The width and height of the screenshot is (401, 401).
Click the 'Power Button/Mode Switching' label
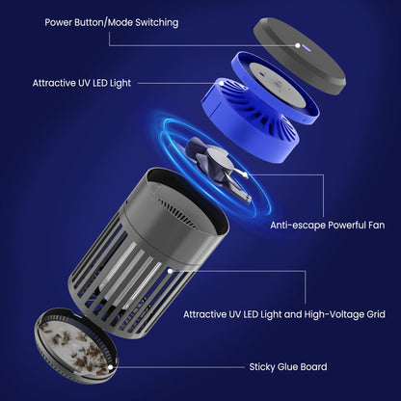coord(112,22)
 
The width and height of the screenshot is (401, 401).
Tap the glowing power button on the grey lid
coord(298,45)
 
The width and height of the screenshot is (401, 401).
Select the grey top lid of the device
coord(300,56)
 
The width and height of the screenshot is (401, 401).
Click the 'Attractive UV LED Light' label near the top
coord(82,83)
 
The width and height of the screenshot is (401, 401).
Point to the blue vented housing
coord(259,103)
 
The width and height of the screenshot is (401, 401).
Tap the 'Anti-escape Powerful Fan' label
coord(328,225)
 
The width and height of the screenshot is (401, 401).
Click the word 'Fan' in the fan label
coord(377,225)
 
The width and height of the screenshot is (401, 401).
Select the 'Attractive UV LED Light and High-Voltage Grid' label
coord(284,314)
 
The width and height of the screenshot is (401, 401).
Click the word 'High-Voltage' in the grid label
coord(334,314)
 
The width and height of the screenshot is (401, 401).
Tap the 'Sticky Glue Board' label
coord(288,366)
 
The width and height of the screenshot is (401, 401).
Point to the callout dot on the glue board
coord(111,367)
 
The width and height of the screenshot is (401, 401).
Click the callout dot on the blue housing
coord(221,83)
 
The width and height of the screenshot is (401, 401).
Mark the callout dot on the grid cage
coord(170,271)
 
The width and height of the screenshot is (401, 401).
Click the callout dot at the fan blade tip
coord(246,175)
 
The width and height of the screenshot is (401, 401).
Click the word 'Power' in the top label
coord(59,22)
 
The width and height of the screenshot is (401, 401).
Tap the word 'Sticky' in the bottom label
coord(262,367)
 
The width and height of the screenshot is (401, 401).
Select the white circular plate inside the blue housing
coord(277,84)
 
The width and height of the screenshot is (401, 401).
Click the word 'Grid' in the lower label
coord(376,314)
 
